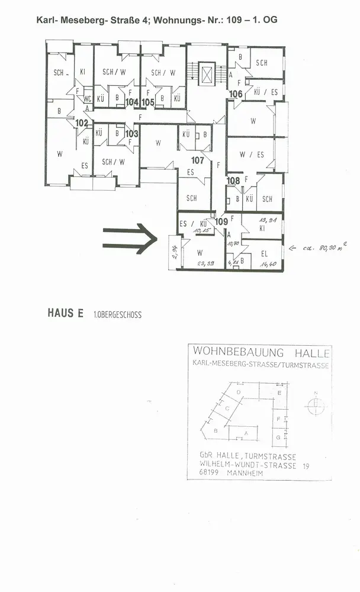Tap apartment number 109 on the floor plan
click(x=221, y=221)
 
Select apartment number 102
click(x=82, y=123)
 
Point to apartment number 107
click(x=197, y=160)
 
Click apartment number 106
click(x=236, y=94)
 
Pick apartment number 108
click(x=233, y=181)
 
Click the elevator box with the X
click(x=207, y=75)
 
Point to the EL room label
click(x=265, y=254)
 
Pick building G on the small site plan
click(x=278, y=437)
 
